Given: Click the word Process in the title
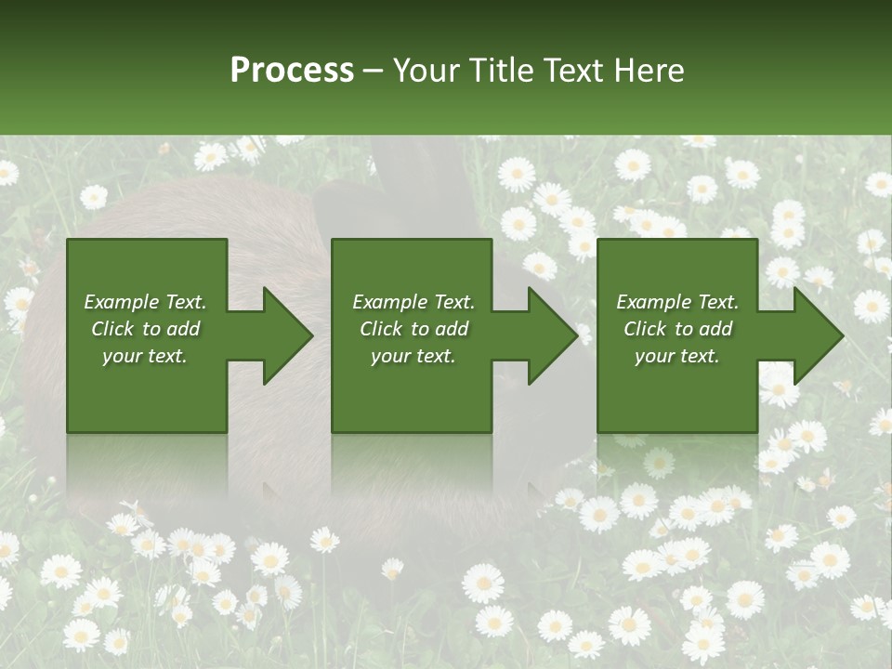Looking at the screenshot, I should [x=292, y=71].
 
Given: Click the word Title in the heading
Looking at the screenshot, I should [x=499, y=71].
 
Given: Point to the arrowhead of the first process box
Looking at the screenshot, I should [x=283, y=335].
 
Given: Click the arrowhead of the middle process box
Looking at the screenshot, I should [x=549, y=335].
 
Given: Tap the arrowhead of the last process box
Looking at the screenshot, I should [x=814, y=335].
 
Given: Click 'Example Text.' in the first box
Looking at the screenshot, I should [x=145, y=302].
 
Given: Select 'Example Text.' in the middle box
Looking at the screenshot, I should [x=413, y=302].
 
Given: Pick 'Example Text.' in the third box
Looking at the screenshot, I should [x=677, y=302].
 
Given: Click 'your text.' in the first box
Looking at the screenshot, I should [x=145, y=356].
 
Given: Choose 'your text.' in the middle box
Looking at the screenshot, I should [x=413, y=356].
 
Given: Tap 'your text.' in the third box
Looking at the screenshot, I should [x=677, y=356].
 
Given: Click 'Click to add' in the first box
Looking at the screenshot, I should [x=145, y=329].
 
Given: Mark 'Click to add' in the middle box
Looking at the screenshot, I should [x=413, y=329].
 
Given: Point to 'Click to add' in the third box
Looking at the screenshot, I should [x=677, y=329].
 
